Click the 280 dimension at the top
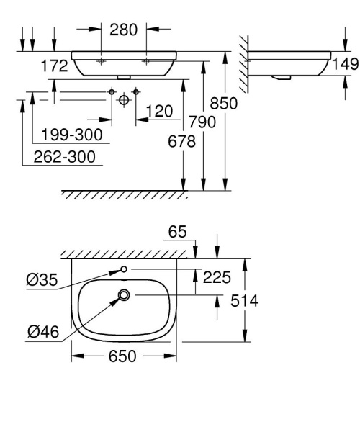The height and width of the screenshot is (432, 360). [124, 30]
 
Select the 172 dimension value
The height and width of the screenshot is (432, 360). [55, 66]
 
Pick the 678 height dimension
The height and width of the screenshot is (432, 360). [182, 142]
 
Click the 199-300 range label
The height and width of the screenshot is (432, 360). [71, 135]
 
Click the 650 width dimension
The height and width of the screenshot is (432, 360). [123, 357]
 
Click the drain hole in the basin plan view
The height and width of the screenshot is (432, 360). [125, 294]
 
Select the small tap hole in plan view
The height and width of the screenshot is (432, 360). [125, 269]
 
